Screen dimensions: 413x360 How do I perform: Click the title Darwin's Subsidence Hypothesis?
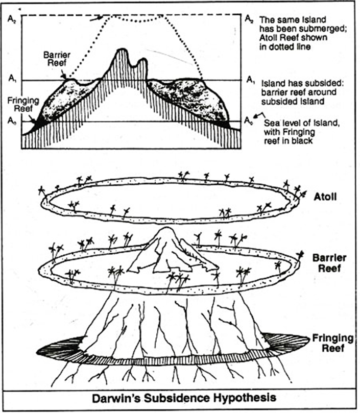tap(180, 397)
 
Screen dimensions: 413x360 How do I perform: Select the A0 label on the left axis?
tap(13, 121)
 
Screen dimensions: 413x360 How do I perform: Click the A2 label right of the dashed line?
tap(249, 19)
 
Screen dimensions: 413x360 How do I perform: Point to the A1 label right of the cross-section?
tap(250, 79)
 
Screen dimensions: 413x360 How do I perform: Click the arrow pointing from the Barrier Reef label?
tap(64, 76)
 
